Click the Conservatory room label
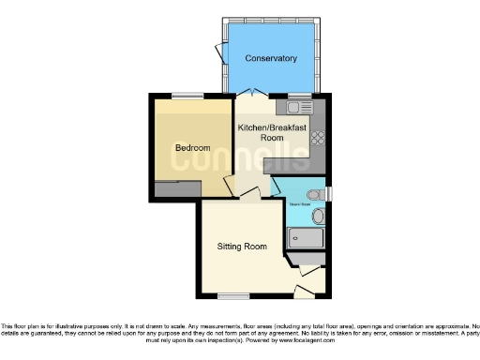[271, 58]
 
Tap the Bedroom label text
[192, 148]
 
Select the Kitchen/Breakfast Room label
[260, 132]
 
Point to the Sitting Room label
[242, 247]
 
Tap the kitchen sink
[299, 107]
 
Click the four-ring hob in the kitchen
[317, 137]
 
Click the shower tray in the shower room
[305, 238]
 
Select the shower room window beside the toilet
[329, 194]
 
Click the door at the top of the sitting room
[248, 193]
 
